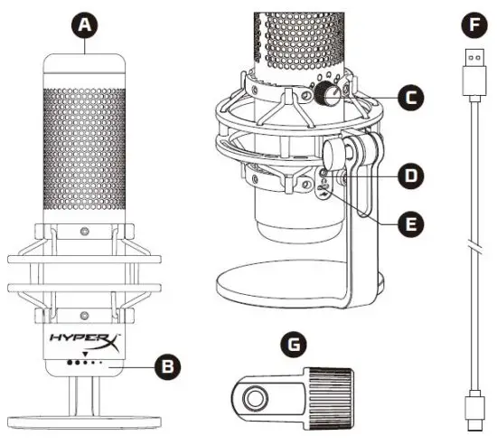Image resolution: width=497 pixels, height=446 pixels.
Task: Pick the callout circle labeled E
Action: click(x=410, y=221)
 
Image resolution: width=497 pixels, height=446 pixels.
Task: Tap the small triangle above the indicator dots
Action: click(x=86, y=354)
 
